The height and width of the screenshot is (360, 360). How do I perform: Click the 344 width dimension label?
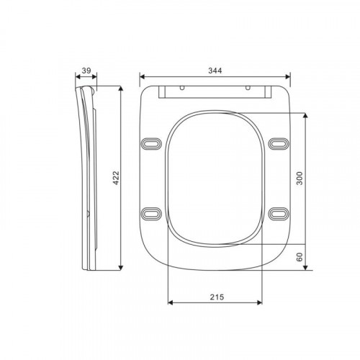point(215,71)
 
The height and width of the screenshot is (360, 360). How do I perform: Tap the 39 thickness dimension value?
point(86,71)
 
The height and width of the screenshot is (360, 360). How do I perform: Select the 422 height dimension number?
point(116,178)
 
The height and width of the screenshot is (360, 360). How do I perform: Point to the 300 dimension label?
point(300,178)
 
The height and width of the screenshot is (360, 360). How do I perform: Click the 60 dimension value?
point(300,257)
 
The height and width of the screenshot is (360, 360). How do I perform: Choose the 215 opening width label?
point(217,297)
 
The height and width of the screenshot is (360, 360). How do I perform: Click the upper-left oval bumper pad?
point(151,144)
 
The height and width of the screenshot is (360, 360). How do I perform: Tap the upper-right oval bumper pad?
point(279,144)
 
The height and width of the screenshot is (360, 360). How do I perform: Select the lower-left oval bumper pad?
point(151,214)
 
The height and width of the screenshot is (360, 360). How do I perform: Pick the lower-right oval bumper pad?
point(279,214)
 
